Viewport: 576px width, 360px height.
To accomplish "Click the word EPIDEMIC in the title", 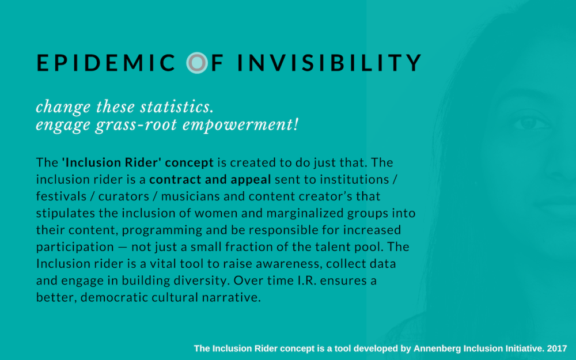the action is coord(106,63).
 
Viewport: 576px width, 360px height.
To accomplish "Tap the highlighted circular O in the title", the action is coord(197,63).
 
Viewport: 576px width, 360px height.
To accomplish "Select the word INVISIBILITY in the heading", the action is coord(329,63).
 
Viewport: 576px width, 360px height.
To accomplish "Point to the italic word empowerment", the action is coord(240,125).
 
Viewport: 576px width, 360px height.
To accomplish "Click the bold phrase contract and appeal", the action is coord(210,180).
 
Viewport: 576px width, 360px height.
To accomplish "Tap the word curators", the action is coord(123,196).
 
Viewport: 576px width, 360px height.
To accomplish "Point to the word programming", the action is coord(162,230).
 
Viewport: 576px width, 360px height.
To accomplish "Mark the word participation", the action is coord(75,247).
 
